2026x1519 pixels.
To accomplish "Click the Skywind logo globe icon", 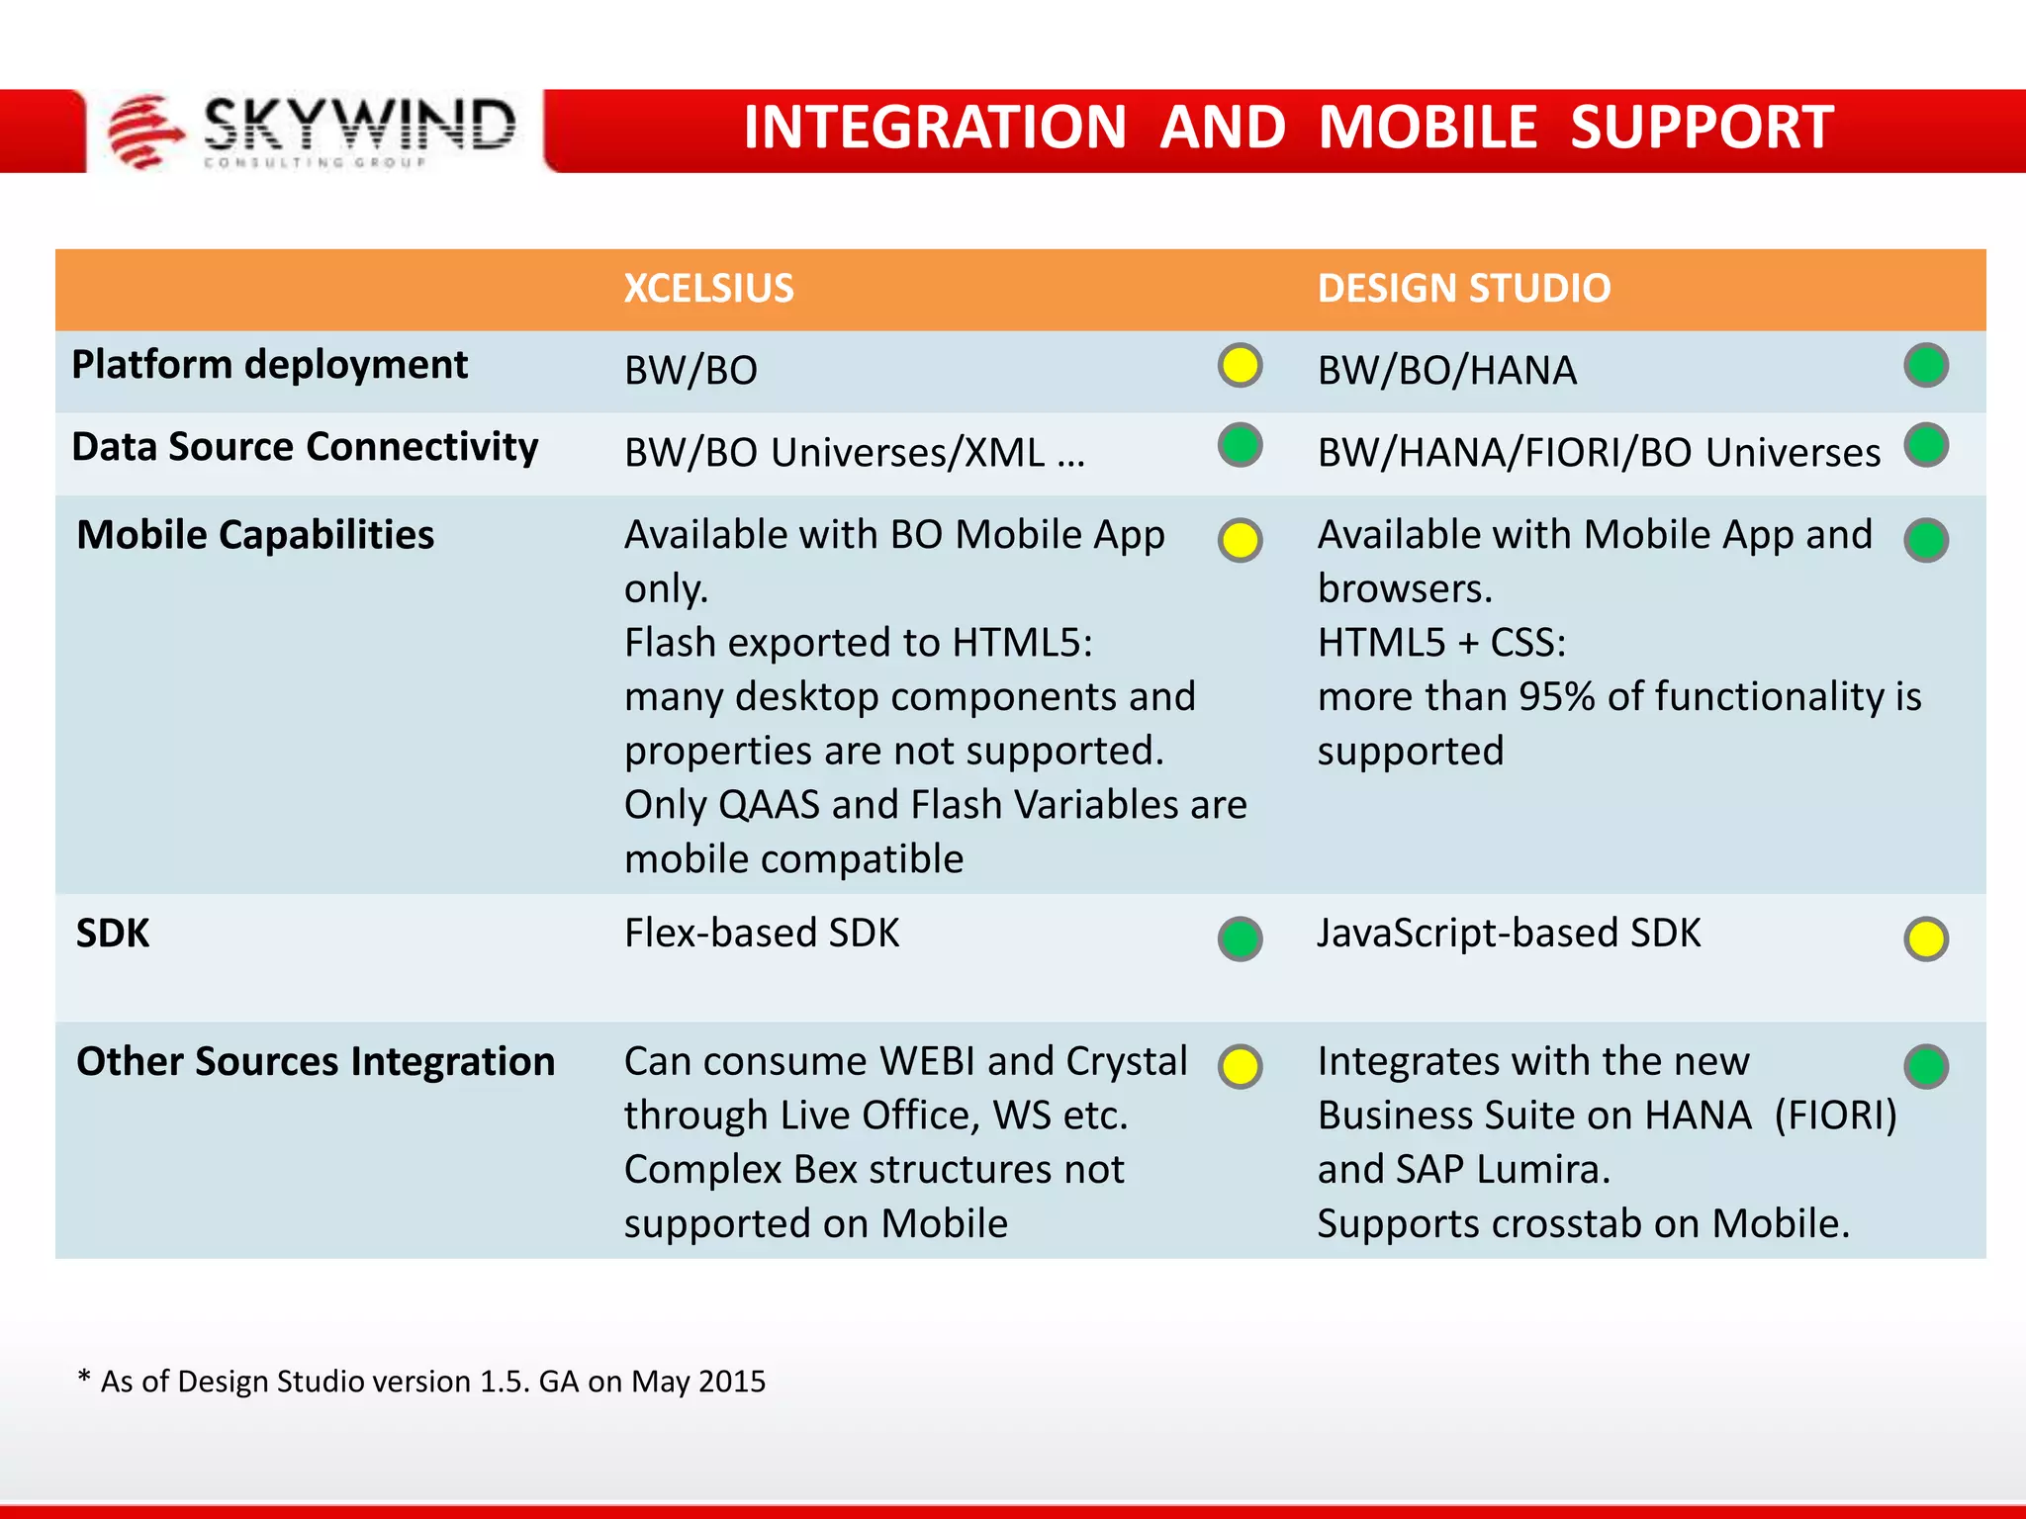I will click(144, 132).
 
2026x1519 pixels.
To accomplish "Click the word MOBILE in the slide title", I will click(1427, 128).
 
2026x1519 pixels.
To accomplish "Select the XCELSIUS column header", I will click(708, 289).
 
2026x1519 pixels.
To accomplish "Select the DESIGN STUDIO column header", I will click(1463, 289).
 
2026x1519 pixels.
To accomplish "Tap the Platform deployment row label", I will click(269, 365).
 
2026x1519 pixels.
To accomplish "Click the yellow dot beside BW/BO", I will click(1240, 366).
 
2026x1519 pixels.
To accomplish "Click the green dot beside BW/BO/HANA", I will click(1925, 366).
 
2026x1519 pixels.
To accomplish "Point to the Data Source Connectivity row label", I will click(305, 447).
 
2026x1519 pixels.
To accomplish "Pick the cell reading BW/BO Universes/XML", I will click(854, 453).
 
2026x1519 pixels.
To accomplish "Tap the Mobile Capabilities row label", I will click(255, 535).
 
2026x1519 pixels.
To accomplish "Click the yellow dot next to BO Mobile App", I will click(1240, 541).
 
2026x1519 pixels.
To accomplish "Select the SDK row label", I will click(113, 934).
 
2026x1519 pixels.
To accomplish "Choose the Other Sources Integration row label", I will click(316, 1061).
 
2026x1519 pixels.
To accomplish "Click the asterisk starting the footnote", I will click(84, 1377).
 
